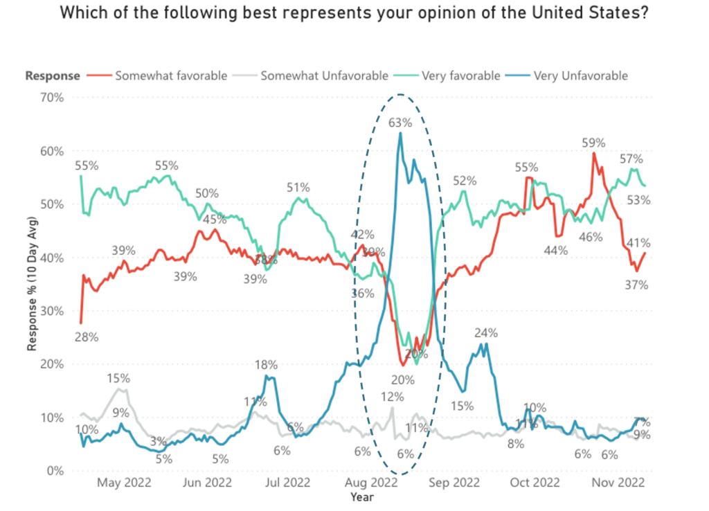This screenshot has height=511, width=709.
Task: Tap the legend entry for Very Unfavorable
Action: click(580, 75)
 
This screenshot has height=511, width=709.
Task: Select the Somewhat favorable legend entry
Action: click(170, 75)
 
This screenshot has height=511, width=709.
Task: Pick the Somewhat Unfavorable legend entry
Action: click(324, 75)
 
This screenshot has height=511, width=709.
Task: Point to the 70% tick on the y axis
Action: click(52, 98)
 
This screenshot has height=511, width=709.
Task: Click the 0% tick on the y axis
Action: click(55, 471)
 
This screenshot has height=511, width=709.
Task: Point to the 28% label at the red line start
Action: click(87, 338)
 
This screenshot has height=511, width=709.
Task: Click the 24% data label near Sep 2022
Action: click(486, 332)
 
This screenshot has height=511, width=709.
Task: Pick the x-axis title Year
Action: click(362, 496)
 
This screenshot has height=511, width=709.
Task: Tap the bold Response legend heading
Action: click(53, 75)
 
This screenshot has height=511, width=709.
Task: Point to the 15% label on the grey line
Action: click(118, 378)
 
